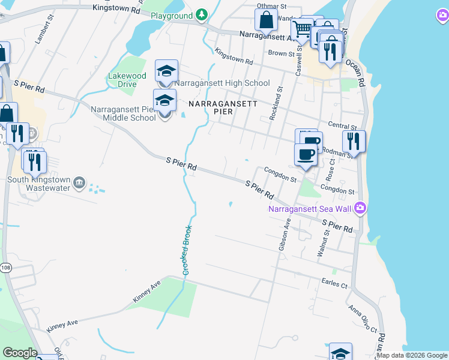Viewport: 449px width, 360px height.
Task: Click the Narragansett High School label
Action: point(222,83)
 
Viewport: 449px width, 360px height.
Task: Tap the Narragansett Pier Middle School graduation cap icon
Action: point(164,100)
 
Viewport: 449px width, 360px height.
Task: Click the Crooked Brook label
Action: point(186,250)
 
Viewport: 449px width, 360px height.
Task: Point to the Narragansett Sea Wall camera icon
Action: point(360,208)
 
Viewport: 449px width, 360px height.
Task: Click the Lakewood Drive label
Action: point(127,80)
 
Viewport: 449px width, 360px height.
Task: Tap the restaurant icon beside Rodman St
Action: point(354,142)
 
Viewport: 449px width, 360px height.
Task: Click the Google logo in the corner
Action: point(19,353)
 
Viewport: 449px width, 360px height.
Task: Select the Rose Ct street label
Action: point(330,172)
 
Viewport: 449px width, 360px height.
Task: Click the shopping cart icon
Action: point(302,28)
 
